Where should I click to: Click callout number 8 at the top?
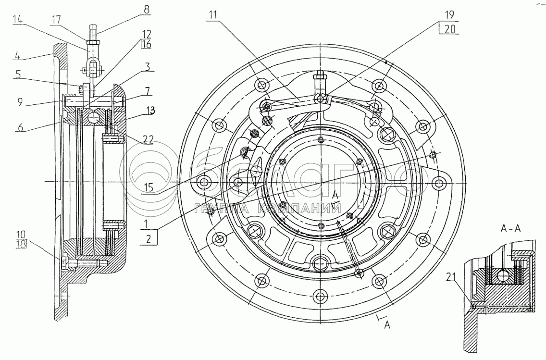pyautogui.click(x=147, y=9)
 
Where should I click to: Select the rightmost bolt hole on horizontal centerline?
pyautogui.click(x=438, y=183)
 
